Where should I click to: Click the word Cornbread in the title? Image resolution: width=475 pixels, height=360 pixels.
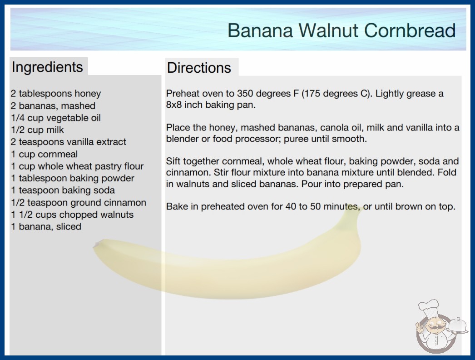[x=410, y=30]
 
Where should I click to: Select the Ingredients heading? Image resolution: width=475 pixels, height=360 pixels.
[x=47, y=67]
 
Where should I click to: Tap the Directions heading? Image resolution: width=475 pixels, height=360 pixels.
[x=199, y=68]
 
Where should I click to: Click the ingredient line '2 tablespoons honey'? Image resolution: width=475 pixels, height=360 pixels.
[x=56, y=94]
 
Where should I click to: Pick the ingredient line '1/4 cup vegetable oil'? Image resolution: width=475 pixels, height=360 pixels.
[x=56, y=118]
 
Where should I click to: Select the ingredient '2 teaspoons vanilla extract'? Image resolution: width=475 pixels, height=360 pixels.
[x=69, y=142]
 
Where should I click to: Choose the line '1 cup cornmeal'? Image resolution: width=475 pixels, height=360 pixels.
[x=44, y=154]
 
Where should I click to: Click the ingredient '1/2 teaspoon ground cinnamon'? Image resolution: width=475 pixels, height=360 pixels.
[x=79, y=203]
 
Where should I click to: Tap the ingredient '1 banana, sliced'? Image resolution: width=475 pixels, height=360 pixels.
[x=46, y=226]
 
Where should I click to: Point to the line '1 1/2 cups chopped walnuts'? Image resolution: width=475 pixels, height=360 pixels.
[x=72, y=215]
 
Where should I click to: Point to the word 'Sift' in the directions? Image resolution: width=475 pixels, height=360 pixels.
[x=173, y=161]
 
